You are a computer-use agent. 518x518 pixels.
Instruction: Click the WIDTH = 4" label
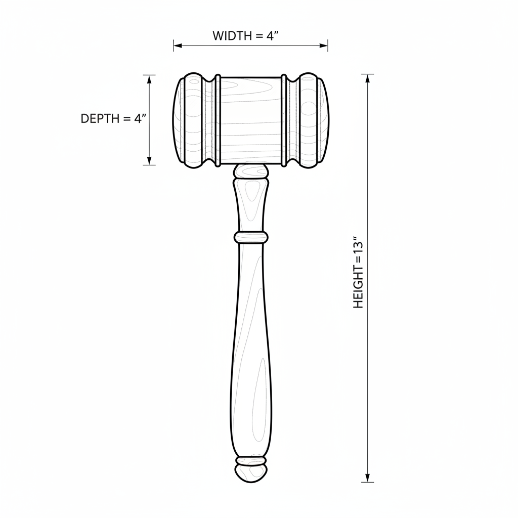[x=248, y=36]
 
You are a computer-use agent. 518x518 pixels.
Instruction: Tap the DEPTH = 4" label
[x=114, y=118]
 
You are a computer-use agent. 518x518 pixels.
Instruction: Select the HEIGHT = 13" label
[x=358, y=272]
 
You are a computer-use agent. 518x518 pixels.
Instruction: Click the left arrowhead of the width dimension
[x=178, y=46]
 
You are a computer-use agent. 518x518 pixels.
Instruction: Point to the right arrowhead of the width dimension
[x=324, y=46]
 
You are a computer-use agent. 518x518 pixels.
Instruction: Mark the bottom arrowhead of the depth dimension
[x=149, y=160]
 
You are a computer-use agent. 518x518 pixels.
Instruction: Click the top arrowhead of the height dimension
[x=367, y=78]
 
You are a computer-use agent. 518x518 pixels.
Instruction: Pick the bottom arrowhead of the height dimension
[x=367, y=478]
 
